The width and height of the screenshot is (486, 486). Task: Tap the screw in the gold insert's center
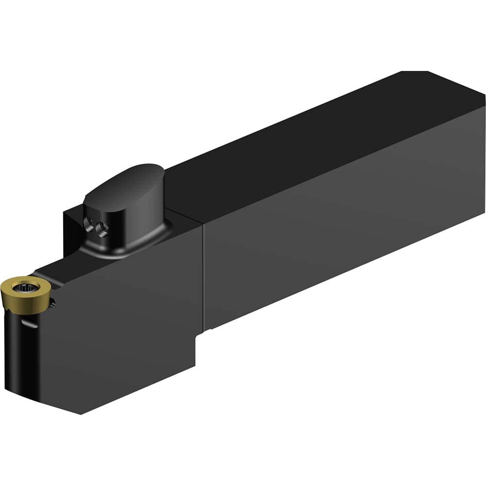[x=22, y=288]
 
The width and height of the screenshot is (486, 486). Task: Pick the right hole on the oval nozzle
[x=102, y=227]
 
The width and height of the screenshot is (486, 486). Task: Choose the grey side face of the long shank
[x=340, y=228]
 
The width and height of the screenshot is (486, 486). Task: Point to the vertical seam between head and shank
[x=203, y=277]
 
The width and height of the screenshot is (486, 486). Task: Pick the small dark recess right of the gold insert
[x=52, y=304]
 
